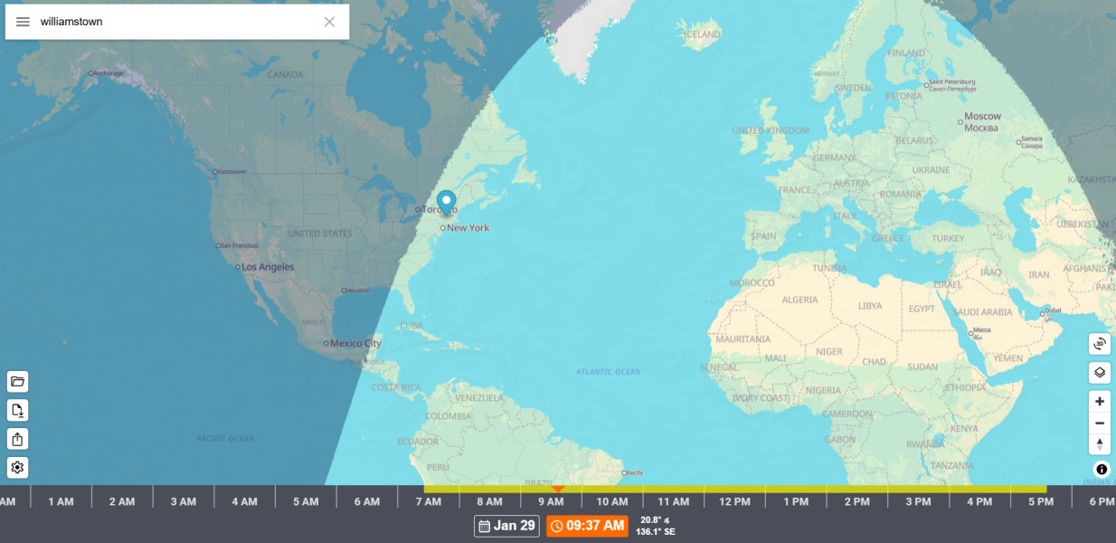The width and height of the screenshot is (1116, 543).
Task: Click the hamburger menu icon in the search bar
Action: click(x=23, y=22)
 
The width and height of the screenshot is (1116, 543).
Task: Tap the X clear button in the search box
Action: click(x=329, y=22)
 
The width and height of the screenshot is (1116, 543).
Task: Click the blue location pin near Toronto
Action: click(x=446, y=202)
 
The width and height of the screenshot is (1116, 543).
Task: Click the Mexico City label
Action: click(x=355, y=344)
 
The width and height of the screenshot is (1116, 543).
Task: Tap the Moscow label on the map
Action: click(x=982, y=117)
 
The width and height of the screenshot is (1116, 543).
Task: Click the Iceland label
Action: click(x=703, y=35)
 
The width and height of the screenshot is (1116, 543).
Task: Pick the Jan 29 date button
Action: click(x=506, y=526)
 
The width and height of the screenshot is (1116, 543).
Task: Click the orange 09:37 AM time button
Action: click(x=587, y=526)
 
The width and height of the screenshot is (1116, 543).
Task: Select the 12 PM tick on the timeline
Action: click(x=734, y=501)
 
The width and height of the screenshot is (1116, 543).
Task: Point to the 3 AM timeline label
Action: click(x=183, y=501)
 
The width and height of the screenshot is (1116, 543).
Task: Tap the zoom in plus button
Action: click(x=1100, y=402)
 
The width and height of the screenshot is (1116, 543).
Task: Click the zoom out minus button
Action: click(x=1100, y=423)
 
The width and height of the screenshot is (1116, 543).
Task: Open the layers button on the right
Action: click(x=1100, y=372)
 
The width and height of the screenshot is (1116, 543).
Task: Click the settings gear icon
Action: click(x=18, y=467)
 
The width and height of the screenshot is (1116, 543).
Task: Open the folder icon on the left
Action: click(x=18, y=381)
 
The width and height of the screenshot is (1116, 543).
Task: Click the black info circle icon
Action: click(x=1102, y=469)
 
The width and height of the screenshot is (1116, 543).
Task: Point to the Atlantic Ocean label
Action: click(x=608, y=372)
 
